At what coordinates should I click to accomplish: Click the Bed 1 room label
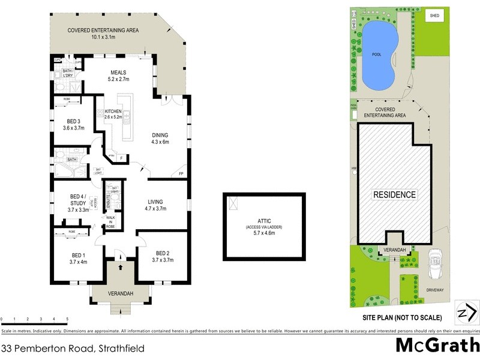coord(78,254)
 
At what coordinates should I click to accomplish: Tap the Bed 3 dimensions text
coord(78,128)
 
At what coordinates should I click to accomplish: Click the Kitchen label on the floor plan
coord(113,112)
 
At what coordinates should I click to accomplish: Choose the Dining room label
coord(160,135)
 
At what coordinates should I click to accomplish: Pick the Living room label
coord(155,202)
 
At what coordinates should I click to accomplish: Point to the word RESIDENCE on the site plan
coord(394,194)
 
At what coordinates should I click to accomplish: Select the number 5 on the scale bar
coord(67,319)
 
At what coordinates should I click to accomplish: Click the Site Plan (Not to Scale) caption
coord(402,317)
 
